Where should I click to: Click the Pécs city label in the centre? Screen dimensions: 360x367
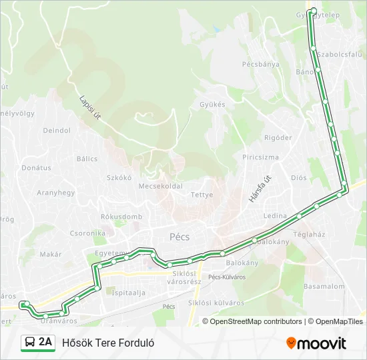[179, 237]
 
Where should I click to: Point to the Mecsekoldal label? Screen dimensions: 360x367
[160, 186]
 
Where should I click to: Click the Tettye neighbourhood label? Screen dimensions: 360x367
[202, 195]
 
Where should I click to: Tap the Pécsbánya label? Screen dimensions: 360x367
[260, 64]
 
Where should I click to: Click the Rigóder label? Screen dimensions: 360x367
[278, 137]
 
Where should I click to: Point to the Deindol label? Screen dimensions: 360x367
[57, 131]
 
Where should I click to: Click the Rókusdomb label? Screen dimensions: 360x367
[121, 217]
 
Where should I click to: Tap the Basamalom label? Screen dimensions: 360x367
[324, 287]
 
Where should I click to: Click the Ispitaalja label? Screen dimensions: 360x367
[129, 292]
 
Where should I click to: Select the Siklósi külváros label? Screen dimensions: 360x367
[216, 303]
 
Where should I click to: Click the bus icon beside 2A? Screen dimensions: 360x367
[29, 343]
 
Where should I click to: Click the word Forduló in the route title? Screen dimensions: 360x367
[138, 343]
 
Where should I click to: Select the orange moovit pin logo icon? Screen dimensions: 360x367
[291, 343]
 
